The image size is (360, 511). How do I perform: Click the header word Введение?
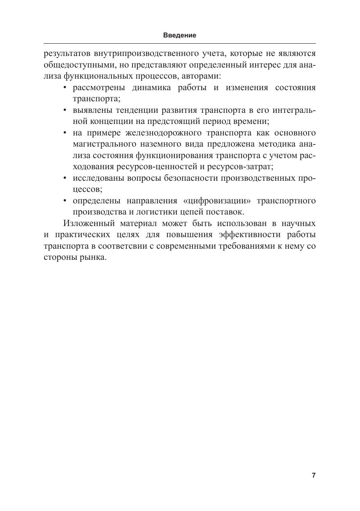[180, 35]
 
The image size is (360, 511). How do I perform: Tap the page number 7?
[314, 475]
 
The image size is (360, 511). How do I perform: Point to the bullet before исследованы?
[65, 178]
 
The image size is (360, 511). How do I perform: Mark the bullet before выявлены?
[65, 110]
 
